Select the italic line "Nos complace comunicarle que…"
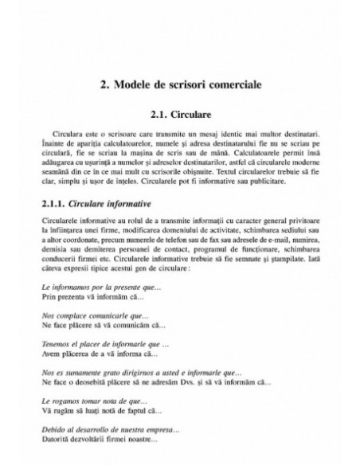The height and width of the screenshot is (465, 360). [86, 315]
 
